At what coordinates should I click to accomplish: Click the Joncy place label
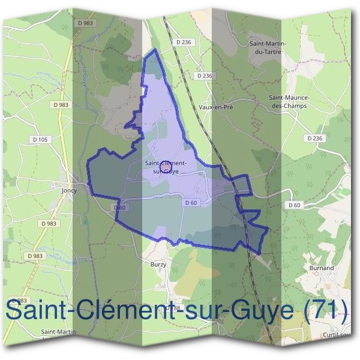pyautogui.click(x=70, y=190)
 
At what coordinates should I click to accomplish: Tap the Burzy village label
pyautogui.click(x=158, y=263)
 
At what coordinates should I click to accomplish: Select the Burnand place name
pyautogui.click(x=322, y=268)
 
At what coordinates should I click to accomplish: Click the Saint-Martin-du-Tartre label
pyautogui.click(x=268, y=47)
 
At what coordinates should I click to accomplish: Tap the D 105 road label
pyautogui.click(x=40, y=139)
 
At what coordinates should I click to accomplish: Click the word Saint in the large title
pyautogui.click(x=37, y=310)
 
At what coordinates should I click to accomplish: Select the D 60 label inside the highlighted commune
pyautogui.click(x=191, y=203)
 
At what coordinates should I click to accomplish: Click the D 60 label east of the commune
pyautogui.click(x=294, y=205)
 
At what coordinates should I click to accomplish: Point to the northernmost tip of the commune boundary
pyautogui.click(x=155, y=50)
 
